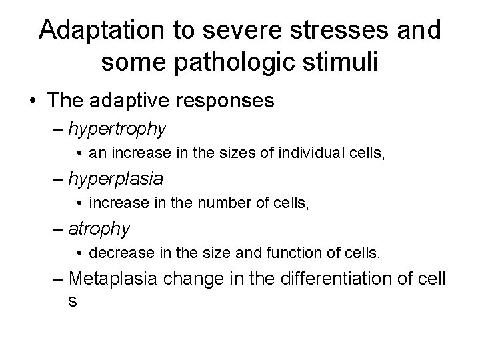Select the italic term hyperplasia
click(x=115, y=179)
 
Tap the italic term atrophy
click(x=99, y=229)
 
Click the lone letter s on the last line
click(x=72, y=301)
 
